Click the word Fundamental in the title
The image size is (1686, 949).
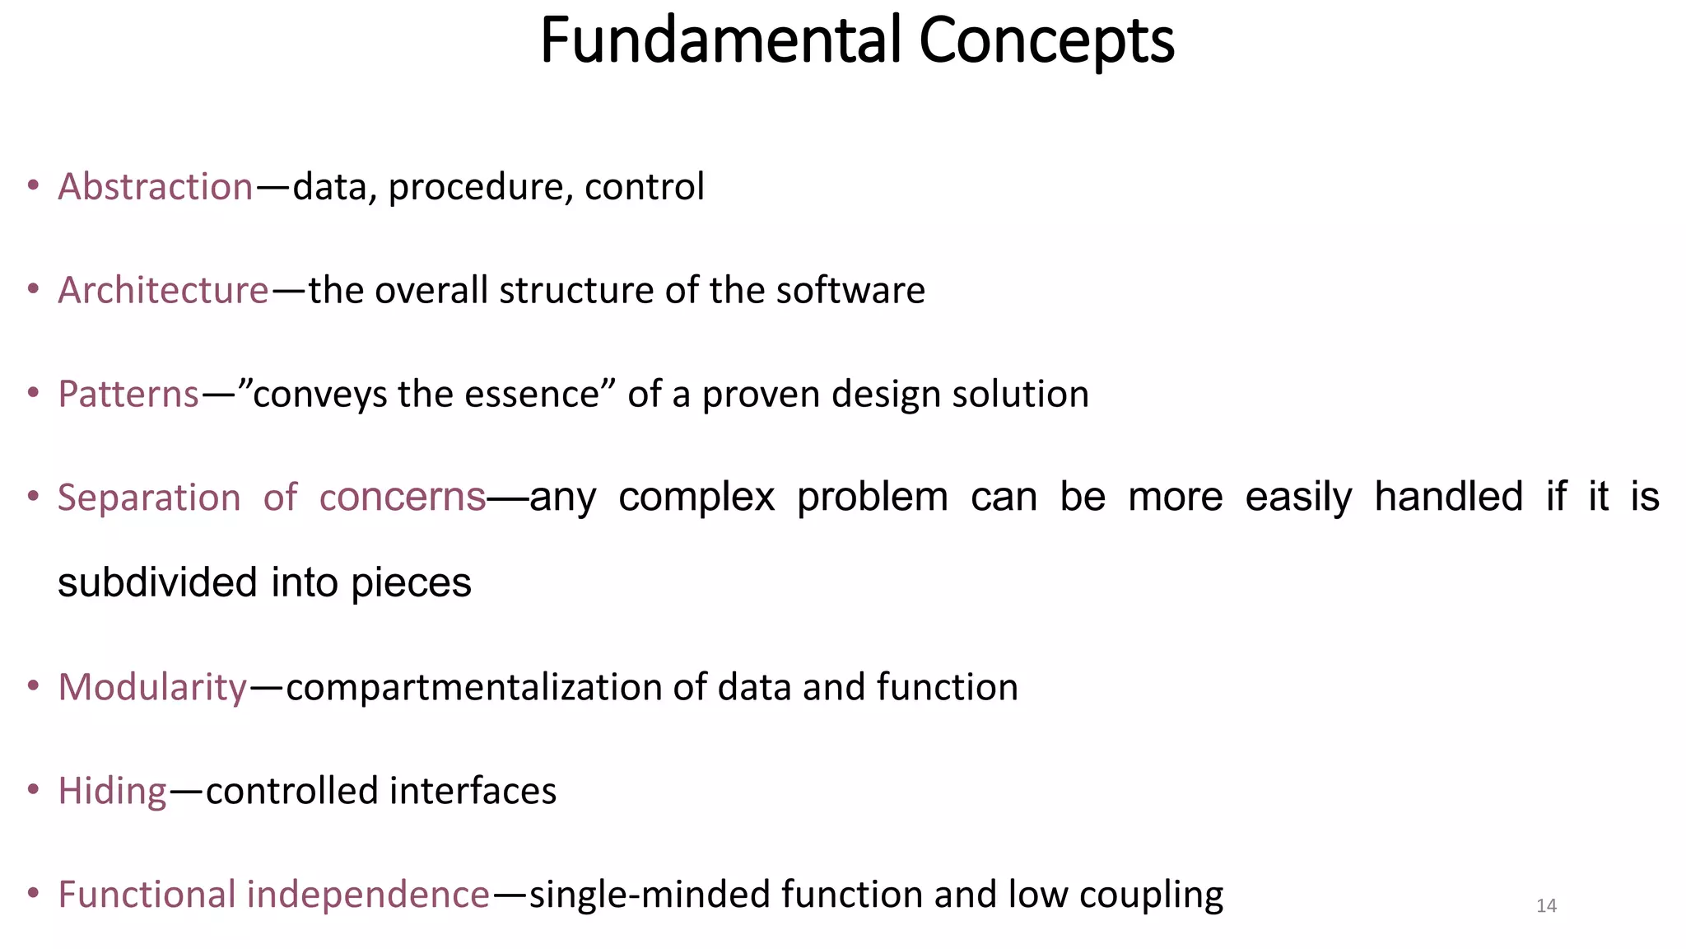coord(720,41)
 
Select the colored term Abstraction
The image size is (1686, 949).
coord(156,187)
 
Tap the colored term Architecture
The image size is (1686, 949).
coord(163,291)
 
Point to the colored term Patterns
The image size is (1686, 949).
coord(128,395)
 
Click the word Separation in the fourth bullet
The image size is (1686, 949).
coord(149,498)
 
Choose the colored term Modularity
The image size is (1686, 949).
coord(152,687)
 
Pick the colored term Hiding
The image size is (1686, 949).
coord(113,791)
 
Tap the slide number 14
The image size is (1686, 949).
coord(1546,906)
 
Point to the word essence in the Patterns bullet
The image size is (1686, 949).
coord(531,395)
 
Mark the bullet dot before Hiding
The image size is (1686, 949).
coord(33,790)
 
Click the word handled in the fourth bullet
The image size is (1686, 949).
coord(1448,498)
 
